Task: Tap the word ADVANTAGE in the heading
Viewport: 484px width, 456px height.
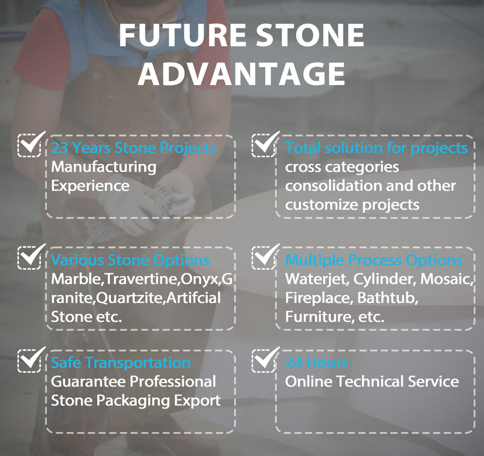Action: click(x=241, y=74)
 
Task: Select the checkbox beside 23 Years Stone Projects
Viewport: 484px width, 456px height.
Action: click(x=30, y=145)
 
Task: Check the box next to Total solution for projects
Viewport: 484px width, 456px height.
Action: click(x=264, y=145)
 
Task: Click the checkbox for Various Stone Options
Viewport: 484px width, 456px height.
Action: click(x=30, y=256)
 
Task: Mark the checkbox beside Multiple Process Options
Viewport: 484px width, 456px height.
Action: click(x=264, y=256)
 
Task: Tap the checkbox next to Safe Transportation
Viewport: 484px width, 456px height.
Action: click(x=30, y=359)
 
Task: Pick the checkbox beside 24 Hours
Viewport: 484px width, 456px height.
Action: click(x=264, y=359)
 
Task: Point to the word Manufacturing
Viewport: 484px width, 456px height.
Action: click(x=104, y=167)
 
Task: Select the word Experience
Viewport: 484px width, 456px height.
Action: click(x=90, y=186)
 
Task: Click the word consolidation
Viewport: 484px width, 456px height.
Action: click(x=333, y=186)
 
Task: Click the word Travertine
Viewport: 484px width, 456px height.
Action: click(x=141, y=279)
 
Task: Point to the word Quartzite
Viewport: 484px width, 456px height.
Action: click(x=130, y=298)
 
